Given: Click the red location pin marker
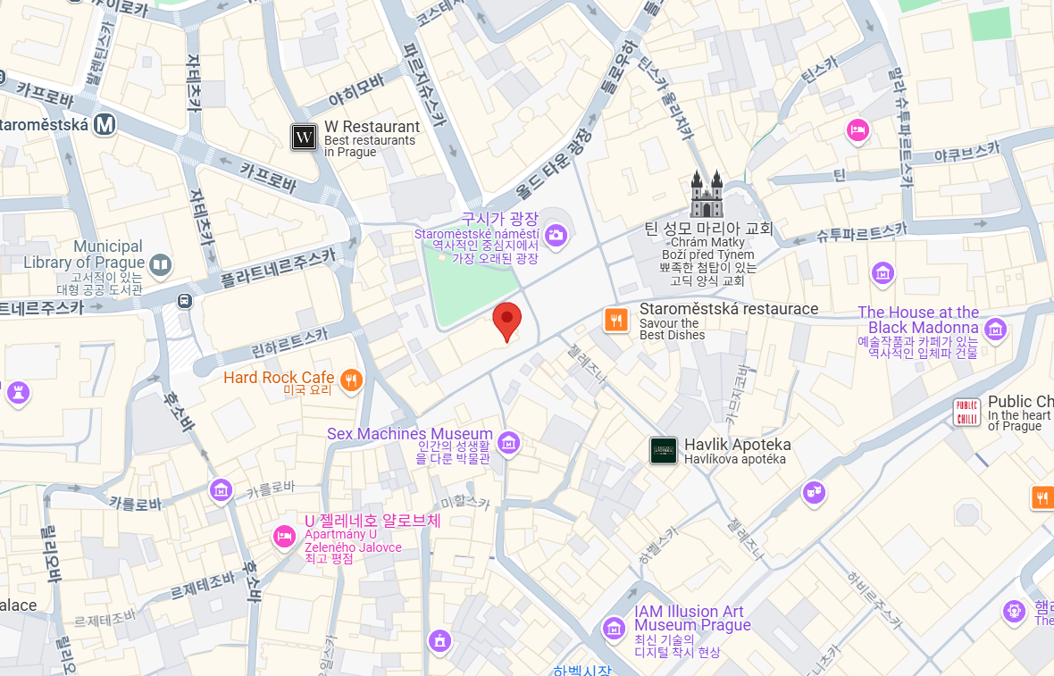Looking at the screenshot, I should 507,320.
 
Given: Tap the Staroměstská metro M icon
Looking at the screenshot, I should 106,124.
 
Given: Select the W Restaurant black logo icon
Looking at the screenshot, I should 305,138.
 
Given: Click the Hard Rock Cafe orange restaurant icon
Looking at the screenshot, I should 352,380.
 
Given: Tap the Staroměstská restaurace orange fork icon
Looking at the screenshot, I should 615,320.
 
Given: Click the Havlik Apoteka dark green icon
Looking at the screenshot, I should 663,451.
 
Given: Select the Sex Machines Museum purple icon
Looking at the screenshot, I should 508,442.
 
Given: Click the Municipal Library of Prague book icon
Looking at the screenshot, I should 161,264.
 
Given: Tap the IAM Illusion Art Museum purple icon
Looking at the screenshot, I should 614,628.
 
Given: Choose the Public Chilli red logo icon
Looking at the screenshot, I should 967,413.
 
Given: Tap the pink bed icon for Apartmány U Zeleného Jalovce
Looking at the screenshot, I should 284,537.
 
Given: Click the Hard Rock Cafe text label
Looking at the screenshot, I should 279,378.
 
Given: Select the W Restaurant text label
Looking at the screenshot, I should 372,127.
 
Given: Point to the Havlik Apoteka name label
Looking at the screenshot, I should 737,445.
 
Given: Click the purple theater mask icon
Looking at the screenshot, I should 813,492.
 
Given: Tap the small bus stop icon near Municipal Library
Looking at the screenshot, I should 185,300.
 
